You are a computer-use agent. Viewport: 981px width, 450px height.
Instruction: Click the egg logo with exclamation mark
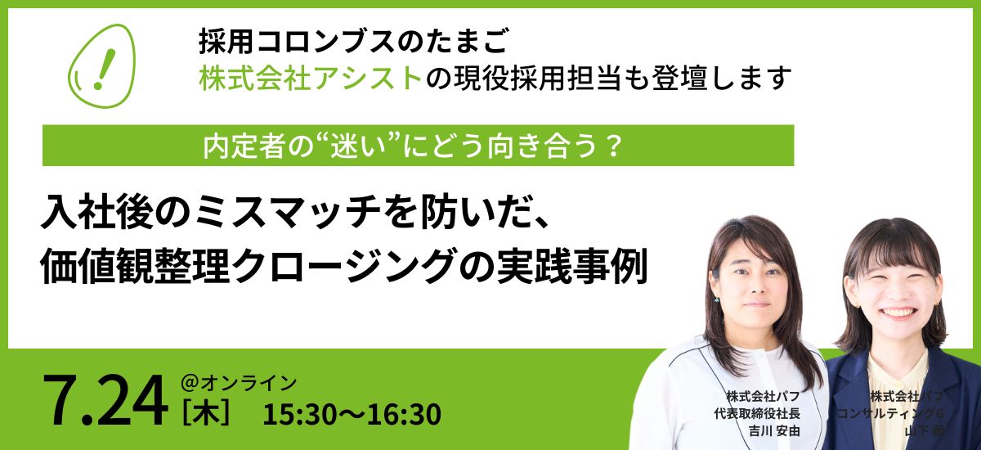[101, 65]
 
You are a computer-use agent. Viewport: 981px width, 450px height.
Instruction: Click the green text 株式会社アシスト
[311, 79]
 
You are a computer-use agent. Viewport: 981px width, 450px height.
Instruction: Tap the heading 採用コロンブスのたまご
[354, 41]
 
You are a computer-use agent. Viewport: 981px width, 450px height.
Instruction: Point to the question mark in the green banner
[614, 146]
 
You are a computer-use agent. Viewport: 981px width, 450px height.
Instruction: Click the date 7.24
[106, 401]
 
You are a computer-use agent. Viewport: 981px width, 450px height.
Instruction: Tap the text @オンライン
[239, 383]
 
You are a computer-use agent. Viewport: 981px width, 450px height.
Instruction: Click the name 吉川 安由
[774, 431]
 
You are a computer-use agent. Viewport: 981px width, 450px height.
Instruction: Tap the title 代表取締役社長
[757, 413]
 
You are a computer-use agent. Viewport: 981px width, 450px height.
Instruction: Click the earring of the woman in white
[716, 300]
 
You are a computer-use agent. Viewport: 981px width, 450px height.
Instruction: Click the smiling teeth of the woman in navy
[898, 312]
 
